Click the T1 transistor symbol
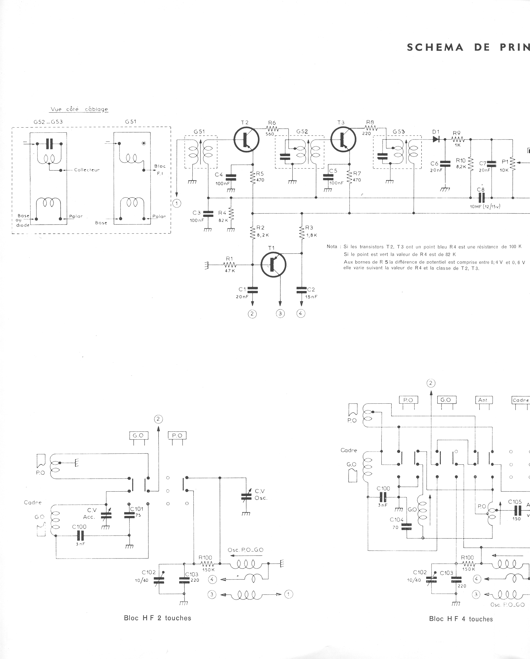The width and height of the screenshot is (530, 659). [x=273, y=265]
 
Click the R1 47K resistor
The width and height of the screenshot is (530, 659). [x=230, y=265]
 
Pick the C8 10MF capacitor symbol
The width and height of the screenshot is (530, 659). [x=481, y=197]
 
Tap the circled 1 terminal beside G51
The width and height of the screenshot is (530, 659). [x=177, y=203]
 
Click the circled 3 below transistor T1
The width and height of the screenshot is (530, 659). [x=280, y=313]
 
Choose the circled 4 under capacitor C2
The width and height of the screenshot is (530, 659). [x=301, y=313]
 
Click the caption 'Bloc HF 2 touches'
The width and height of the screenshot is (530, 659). [x=157, y=618]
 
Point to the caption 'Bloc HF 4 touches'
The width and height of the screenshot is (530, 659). [x=461, y=619]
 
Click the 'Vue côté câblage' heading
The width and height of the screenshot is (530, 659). [x=79, y=109]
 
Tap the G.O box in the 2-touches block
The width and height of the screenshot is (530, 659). [x=139, y=435]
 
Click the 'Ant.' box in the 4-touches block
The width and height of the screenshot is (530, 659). [x=483, y=400]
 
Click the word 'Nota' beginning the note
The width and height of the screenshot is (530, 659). [x=332, y=247]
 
